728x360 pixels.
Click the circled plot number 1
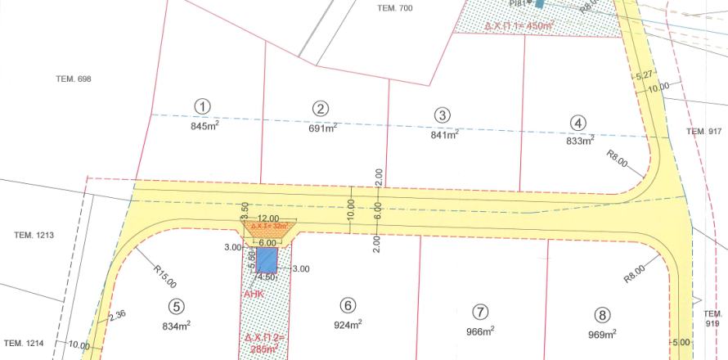pos(203,106)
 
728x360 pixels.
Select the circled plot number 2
pos(321,108)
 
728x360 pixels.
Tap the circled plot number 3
pos(443,115)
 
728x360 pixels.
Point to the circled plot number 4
pos(579,123)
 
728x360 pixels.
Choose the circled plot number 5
pos(176,307)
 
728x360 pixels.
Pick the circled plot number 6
pos(348,305)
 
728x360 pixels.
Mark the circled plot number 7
pos(480,312)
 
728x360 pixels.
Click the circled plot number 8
pos(603,314)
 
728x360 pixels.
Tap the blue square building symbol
pos(267,260)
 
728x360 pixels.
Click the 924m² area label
pos(348,325)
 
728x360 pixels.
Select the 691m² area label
pos(322,128)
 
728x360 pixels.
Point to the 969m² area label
pos(602,334)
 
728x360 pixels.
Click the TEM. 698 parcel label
pos(73,79)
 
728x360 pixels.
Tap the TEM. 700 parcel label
pos(395,8)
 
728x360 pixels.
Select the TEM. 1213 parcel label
pos(34,236)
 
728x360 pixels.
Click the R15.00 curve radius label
pos(164,276)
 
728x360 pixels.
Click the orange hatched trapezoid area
pos(267,229)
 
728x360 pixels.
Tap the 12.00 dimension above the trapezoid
pos(267,218)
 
